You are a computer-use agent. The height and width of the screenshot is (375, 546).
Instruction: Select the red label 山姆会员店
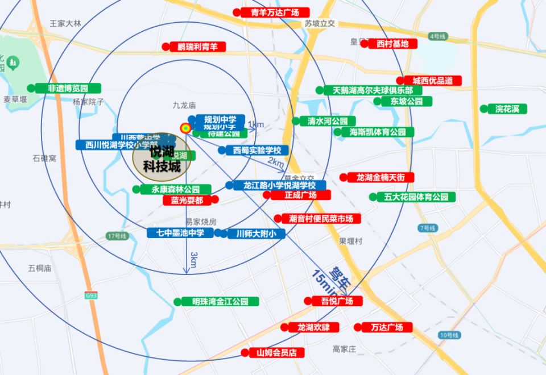[x=276, y=353]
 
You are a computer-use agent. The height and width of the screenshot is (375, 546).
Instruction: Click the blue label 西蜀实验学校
[x=257, y=151]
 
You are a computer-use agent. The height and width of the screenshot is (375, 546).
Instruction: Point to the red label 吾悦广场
[x=337, y=301]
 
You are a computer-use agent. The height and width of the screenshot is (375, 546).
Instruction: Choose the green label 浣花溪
[x=507, y=109]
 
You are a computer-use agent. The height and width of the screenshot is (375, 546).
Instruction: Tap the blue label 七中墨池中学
[x=180, y=233]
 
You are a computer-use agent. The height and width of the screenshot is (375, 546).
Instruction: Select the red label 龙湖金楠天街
[x=380, y=177]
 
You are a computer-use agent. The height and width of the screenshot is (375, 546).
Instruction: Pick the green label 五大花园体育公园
[x=416, y=197]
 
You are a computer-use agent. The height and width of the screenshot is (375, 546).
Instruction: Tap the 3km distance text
[x=193, y=260]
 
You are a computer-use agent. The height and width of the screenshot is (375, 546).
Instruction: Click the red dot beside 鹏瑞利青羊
[x=166, y=47]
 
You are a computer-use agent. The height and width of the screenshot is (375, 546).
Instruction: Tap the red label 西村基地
[x=392, y=44]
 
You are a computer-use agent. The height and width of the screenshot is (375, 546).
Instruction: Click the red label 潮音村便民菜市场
[x=321, y=219]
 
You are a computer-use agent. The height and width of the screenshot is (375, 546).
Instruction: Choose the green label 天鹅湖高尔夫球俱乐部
[x=373, y=90]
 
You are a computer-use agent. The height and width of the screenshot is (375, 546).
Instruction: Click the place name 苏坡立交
[x=320, y=24]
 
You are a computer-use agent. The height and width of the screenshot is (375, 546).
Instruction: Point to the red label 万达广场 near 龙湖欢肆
[x=386, y=327]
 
